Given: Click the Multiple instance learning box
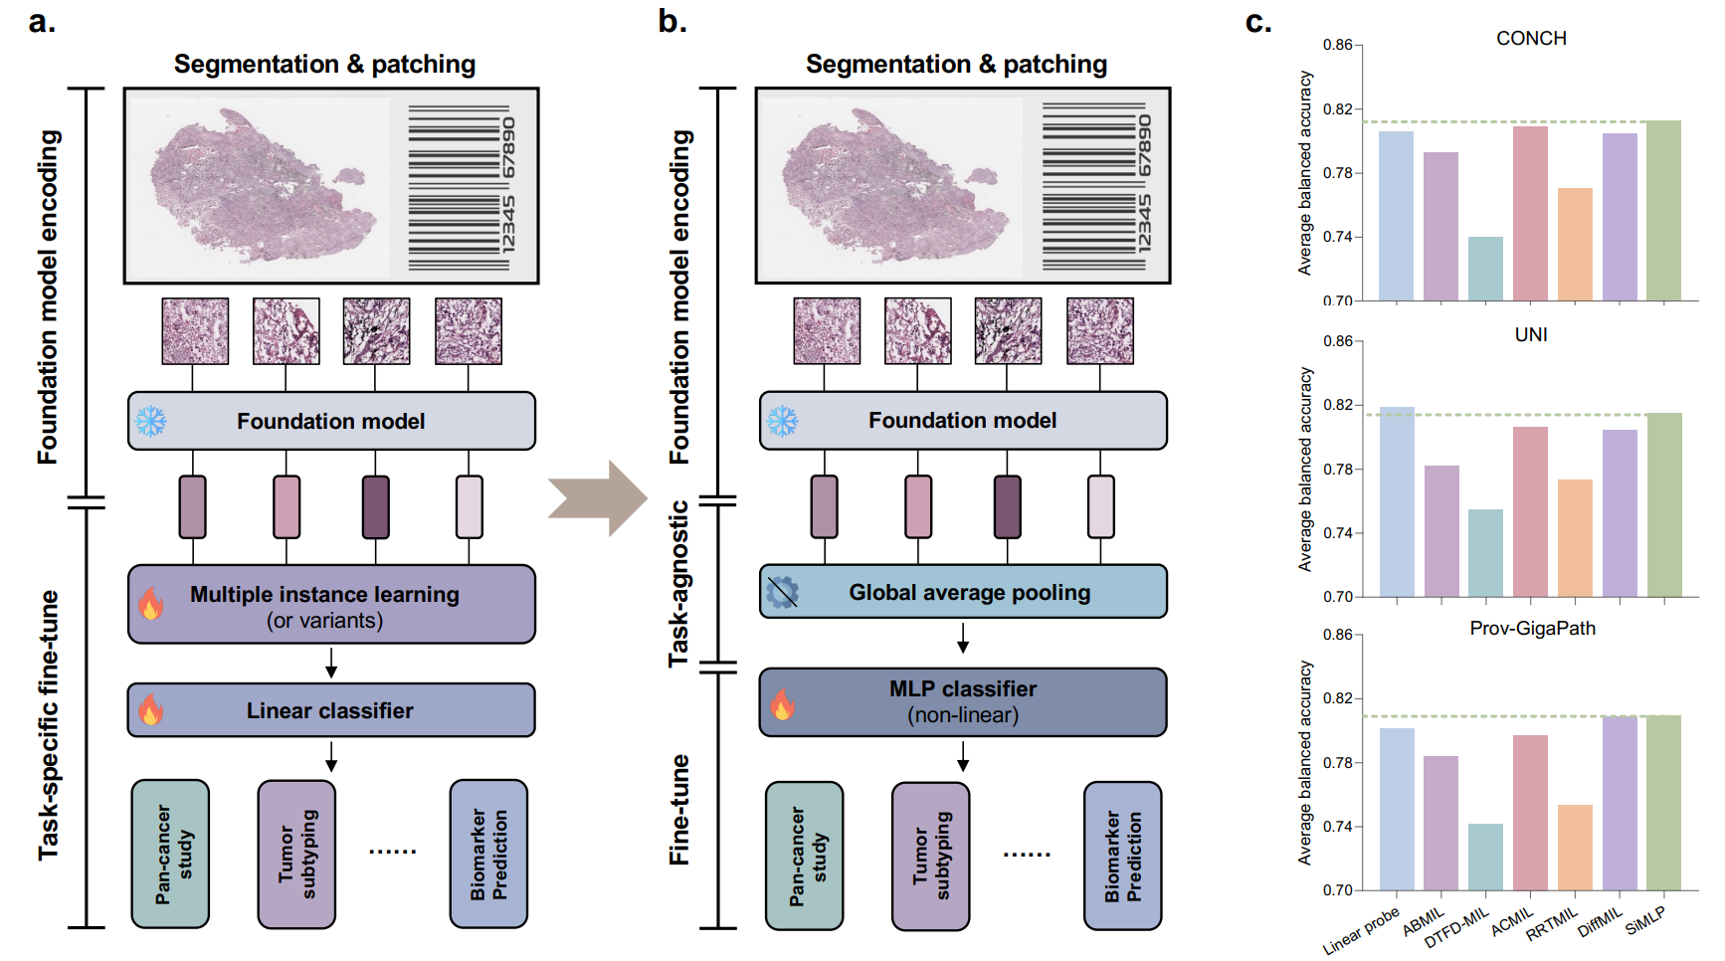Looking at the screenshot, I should pos(331,605).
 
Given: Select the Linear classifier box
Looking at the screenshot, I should pos(331,710).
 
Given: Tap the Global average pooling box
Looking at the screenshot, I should pos(963,592).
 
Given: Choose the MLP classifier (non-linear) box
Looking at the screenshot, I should pos(963,702).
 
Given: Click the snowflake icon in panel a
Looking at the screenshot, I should pos(151,421).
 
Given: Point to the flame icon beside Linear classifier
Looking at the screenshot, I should pos(151,710).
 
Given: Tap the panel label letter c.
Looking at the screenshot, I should pos(1258,22).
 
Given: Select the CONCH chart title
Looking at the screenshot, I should pos(1531,39).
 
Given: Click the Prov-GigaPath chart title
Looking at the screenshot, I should pos(1532,629).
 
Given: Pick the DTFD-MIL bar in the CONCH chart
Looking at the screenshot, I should pos(1485,269).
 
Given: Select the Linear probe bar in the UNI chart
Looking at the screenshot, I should pos(1397,502).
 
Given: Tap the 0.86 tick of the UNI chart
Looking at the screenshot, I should pos(1338,341).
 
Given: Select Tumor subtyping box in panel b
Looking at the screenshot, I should pos(931,856).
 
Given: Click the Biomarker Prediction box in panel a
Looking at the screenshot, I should pos(488,854).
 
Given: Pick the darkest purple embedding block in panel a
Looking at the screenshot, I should pos(376,507).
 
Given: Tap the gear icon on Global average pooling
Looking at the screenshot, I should pos(783,592).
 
